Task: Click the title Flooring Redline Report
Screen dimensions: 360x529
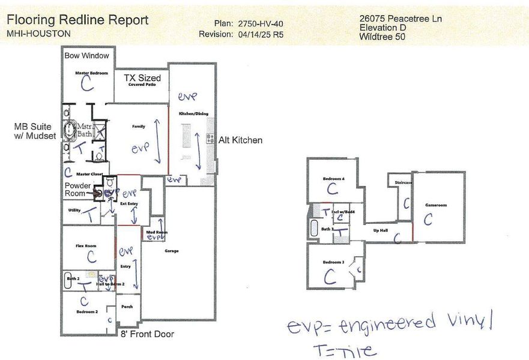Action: click(77, 20)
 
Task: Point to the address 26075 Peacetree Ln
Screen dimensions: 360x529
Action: click(401, 19)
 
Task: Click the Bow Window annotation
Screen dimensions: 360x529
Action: click(87, 56)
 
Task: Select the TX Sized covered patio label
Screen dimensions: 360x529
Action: click(142, 79)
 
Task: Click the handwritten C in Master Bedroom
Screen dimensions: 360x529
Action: click(88, 85)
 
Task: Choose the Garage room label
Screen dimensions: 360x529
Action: click(171, 251)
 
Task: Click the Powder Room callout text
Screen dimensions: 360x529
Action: click(78, 190)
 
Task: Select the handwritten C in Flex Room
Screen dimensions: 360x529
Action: click(91, 256)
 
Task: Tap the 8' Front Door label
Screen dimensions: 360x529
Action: click(147, 334)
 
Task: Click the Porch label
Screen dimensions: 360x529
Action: click(127, 306)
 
